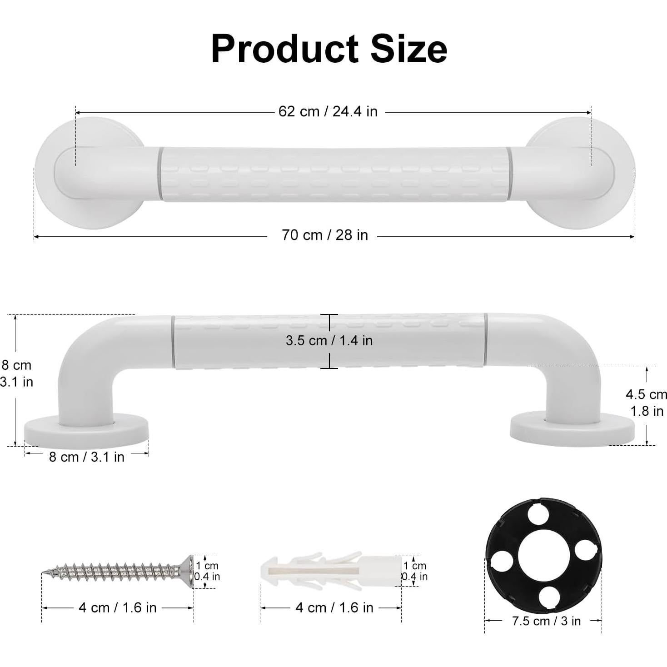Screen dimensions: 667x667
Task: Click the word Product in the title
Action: tap(285, 49)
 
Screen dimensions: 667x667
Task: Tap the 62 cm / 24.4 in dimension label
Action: tap(328, 111)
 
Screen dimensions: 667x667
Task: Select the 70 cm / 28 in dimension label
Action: tap(324, 235)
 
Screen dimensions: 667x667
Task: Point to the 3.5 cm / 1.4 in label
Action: tap(329, 340)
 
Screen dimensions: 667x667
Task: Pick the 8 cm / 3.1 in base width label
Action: tap(86, 457)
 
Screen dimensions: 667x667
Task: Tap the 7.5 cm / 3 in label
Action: tap(546, 621)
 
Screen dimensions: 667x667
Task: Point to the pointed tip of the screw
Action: tap(45, 572)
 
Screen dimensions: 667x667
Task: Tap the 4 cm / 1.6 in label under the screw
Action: tap(117, 607)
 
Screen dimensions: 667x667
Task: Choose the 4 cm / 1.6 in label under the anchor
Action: tap(334, 607)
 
